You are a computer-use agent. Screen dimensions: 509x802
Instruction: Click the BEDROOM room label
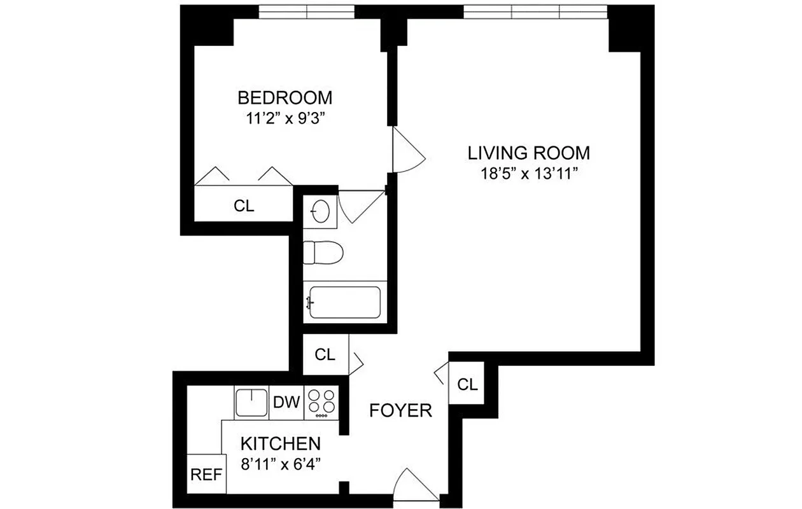[x=285, y=97]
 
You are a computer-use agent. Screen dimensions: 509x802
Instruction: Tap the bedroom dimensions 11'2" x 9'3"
[x=285, y=118]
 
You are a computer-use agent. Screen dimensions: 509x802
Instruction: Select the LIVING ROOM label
[x=529, y=153]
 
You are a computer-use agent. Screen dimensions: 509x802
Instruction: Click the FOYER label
[x=401, y=411]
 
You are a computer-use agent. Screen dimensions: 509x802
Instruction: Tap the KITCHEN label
[x=280, y=443]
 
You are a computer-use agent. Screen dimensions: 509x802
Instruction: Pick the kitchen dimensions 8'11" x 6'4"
[x=280, y=463]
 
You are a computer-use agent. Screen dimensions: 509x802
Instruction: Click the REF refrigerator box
[x=206, y=475]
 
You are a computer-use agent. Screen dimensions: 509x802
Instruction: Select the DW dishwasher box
[x=286, y=403]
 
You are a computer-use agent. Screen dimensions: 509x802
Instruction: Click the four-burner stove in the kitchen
[x=322, y=403]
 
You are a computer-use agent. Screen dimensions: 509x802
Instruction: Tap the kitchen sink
[x=251, y=403]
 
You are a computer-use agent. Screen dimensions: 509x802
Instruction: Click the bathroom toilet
[x=323, y=253]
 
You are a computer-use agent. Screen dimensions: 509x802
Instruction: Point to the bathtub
[x=344, y=302]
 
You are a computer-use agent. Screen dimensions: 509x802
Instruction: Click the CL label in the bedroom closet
[x=244, y=206]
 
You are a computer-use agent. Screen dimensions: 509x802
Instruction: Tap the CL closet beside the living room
[x=467, y=384]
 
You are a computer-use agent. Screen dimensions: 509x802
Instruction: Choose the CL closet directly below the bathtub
[x=325, y=355]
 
